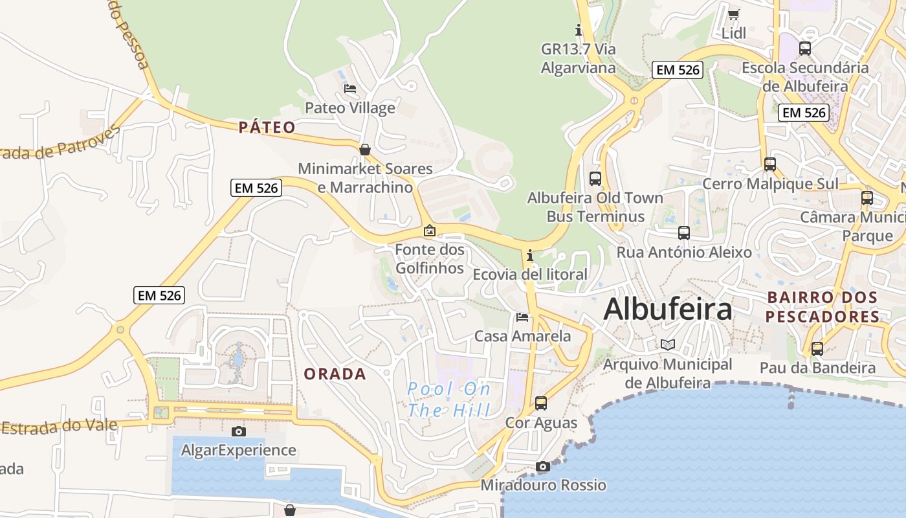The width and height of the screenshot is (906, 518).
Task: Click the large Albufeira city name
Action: point(668,310)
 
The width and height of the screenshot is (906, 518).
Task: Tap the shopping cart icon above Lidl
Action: point(733,14)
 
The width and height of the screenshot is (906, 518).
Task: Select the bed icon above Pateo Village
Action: point(350,88)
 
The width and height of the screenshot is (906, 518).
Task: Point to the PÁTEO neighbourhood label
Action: point(267,127)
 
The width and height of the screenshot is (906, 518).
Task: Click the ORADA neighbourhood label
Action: point(335,374)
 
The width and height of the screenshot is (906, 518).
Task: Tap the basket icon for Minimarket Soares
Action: point(365,150)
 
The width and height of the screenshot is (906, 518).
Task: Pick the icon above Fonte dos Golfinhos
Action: point(429,230)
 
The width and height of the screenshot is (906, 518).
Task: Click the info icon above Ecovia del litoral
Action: point(530,255)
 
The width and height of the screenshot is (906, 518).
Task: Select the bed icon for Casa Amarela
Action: point(522,317)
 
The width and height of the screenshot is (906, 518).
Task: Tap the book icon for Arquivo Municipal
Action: point(667,344)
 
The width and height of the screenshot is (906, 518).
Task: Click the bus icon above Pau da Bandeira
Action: point(817,348)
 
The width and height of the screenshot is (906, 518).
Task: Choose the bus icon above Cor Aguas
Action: point(540,403)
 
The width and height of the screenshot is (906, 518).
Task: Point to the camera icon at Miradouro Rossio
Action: point(543,466)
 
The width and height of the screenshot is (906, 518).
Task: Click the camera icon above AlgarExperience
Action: point(238,431)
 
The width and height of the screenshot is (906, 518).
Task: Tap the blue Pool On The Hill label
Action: point(449,400)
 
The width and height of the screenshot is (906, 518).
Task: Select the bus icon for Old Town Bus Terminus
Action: point(595,178)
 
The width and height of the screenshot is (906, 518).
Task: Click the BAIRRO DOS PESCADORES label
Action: point(823,307)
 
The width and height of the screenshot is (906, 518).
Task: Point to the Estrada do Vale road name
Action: point(60,426)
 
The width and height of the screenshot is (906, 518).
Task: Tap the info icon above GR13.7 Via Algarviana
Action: point(579,30)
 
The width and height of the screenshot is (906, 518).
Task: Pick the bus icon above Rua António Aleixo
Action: point(684,232)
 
